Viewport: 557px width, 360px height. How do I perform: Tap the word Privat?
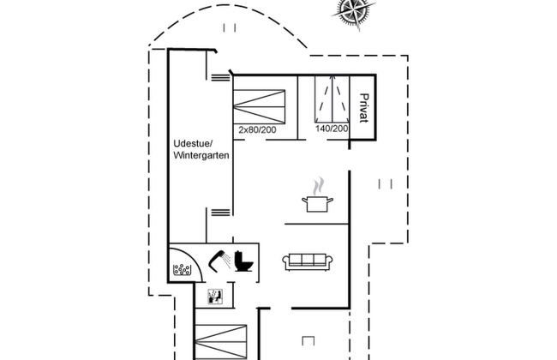pyautogui.click(x=364, y=108)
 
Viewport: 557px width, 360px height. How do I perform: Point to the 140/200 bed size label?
pyautogui.click(x=332, y=129)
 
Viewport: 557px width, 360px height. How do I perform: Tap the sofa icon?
pyautogui.click(x=308, y=261)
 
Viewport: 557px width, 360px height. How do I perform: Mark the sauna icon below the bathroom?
pyautogui.click(x=215, y=297)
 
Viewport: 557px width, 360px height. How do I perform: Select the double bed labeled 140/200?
pyautogui.click(x=331, y=99)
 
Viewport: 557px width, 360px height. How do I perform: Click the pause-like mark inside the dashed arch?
pyautogui.click(x=228, y=28)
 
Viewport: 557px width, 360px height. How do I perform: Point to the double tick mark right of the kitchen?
pyautogui.click(x=384, y=183)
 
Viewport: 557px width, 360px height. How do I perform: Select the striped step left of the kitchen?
pyautogui.click(x=220, y=211)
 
